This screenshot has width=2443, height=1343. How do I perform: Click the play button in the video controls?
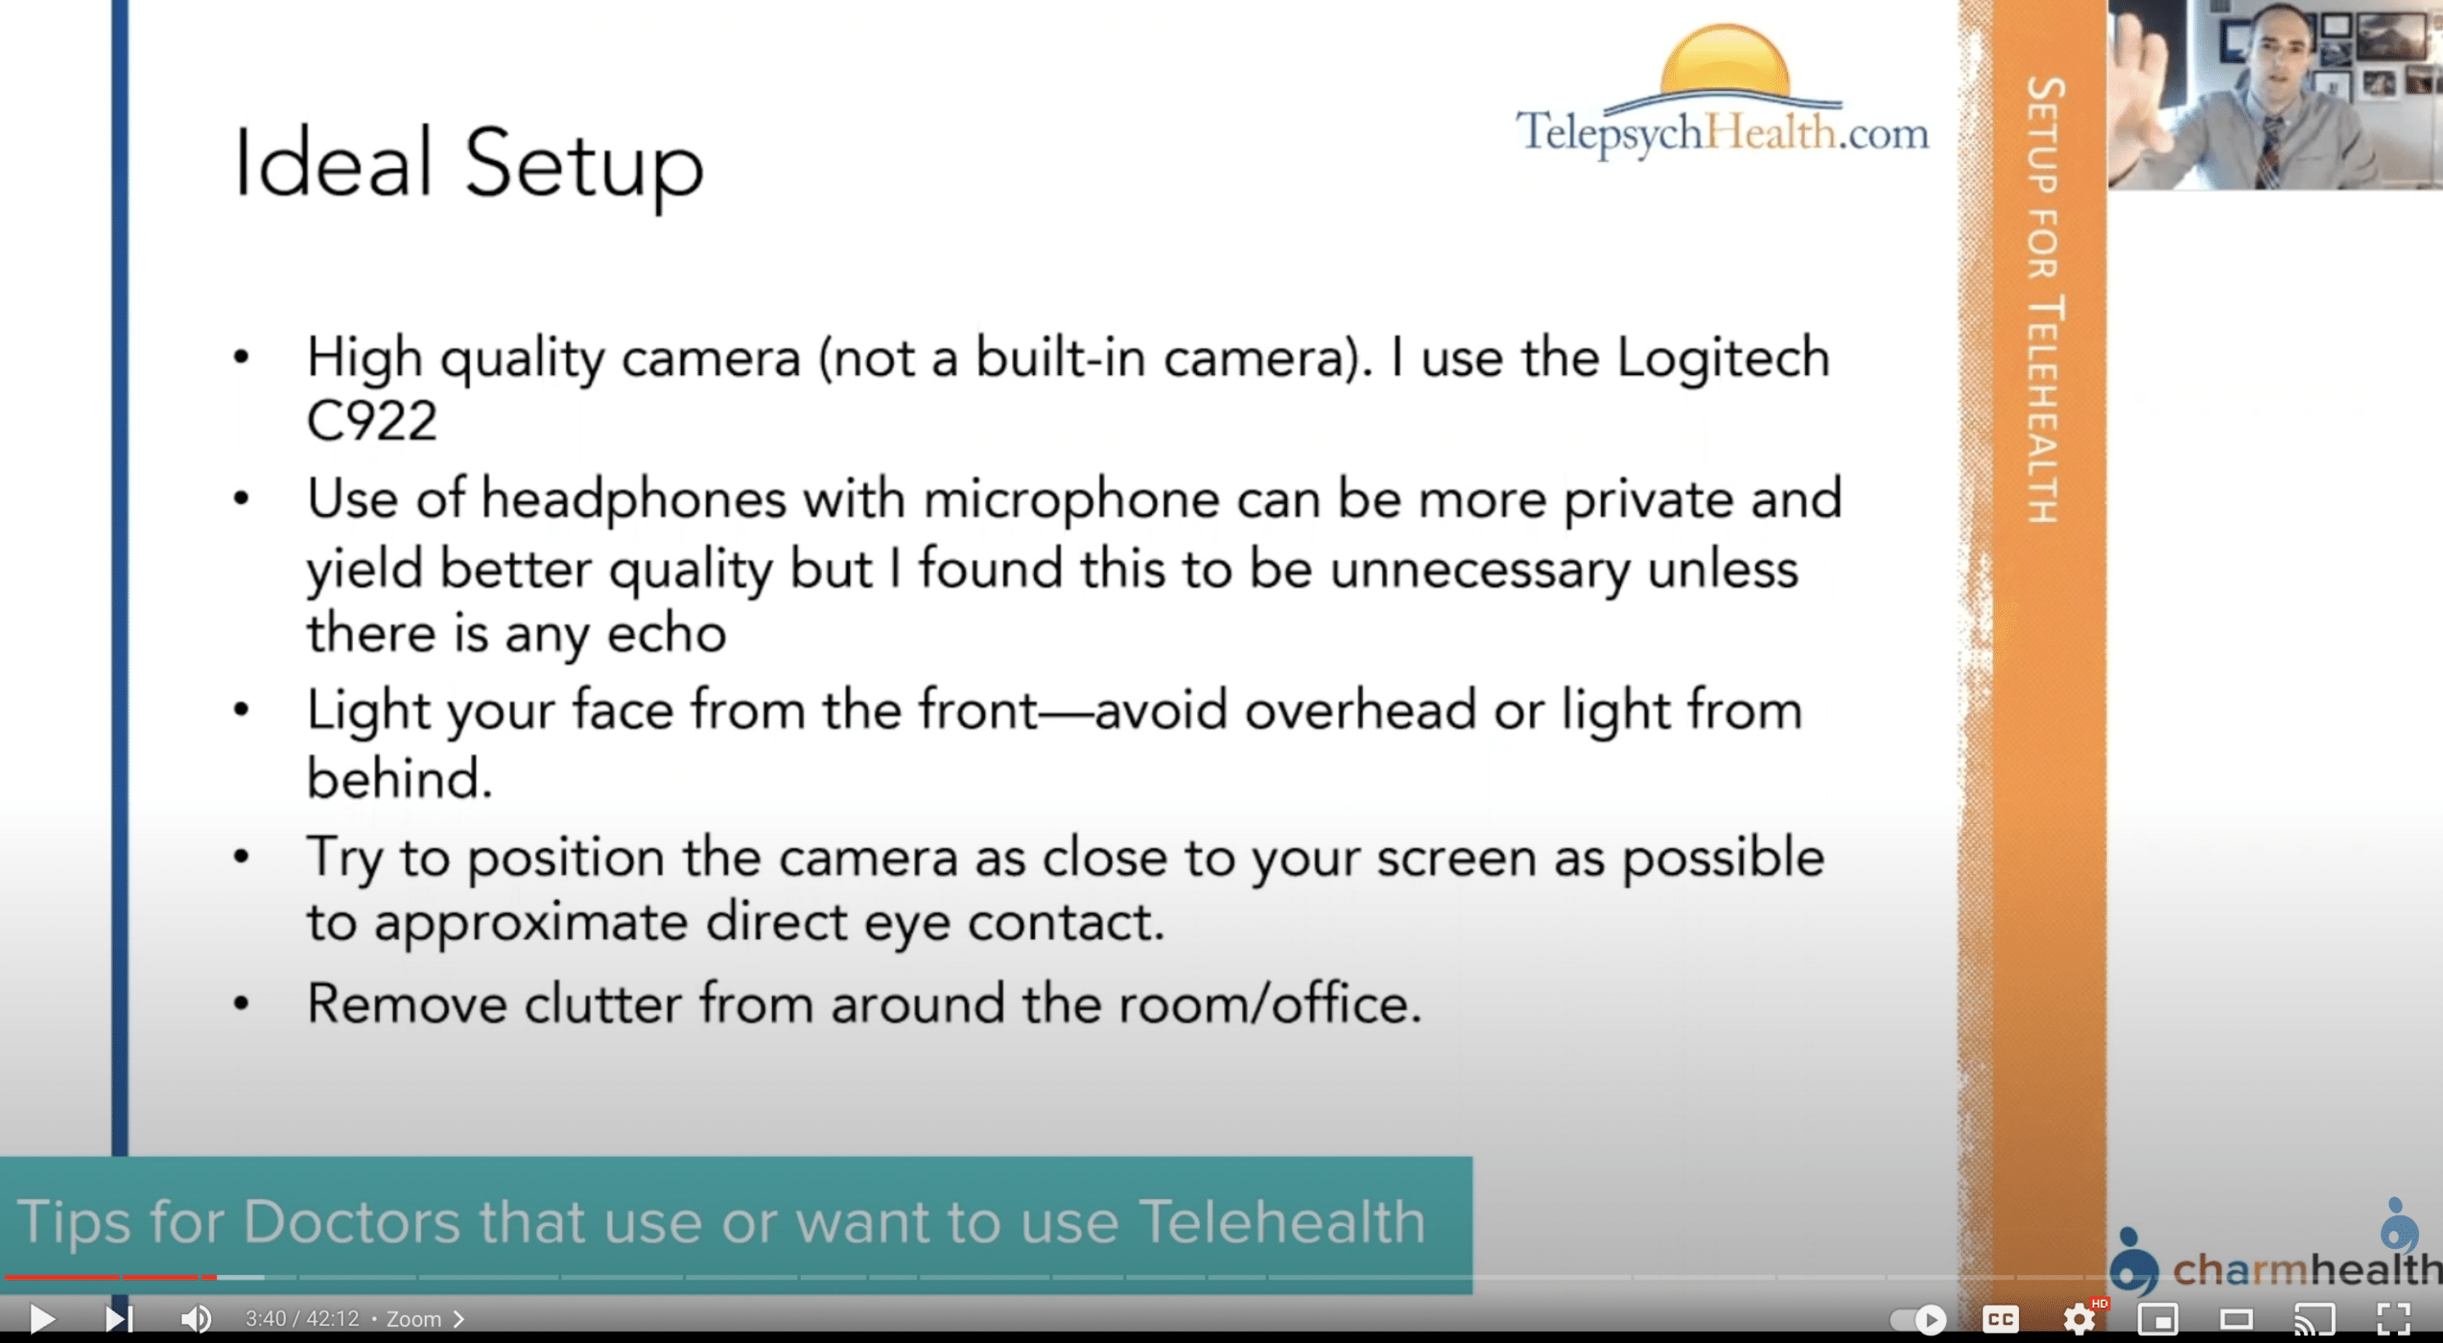(x=42, y=1318)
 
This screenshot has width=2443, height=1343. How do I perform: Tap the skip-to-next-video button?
(x=119, y=1318)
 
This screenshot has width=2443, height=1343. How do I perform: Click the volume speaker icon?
(x=196, y=1318)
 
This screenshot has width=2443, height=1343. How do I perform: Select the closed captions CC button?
(x=2000, y=1318)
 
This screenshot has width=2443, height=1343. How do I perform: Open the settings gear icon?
(x=2079, y=1318)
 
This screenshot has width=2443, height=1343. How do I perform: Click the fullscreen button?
(x=2394, y=1318)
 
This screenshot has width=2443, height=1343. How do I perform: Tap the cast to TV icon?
(x=2314, y=1318)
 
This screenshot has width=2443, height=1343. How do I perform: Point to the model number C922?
(x=371, y=420)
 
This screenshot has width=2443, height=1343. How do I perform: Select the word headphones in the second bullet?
(x=634, y=499)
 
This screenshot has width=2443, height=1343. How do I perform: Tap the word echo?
(x=667, y=634)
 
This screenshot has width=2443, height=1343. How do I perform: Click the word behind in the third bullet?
(x=400, y=779)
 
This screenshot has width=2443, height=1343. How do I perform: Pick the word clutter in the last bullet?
(x=603, y=1004)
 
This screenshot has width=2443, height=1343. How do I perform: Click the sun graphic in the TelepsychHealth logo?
(x=1725, y=59)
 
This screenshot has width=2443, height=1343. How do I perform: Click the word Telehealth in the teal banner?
(x=1283, y=1221)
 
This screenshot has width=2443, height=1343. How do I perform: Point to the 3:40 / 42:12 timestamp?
(x=302, y=1319)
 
